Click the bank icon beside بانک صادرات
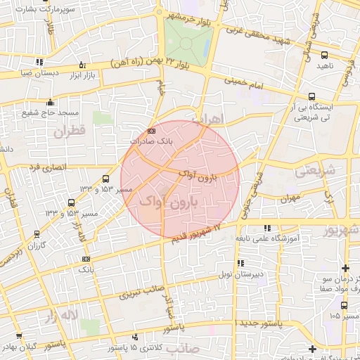pos(152,131)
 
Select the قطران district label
pos(67,131)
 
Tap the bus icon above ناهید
pos(324,54)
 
